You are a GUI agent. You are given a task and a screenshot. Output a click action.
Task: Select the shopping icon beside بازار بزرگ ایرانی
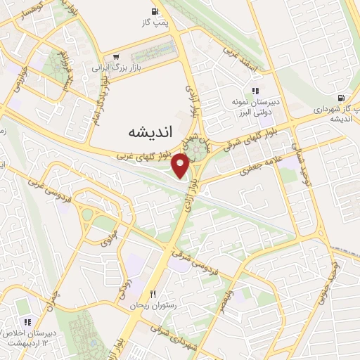[115, 58]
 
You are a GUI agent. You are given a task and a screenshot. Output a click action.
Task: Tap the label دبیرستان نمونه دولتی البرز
[257, 107]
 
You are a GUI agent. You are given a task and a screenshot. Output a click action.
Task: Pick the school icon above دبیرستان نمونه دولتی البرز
[256, 91]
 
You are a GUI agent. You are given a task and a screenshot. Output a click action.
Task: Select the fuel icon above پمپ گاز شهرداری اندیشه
[341, 98]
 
